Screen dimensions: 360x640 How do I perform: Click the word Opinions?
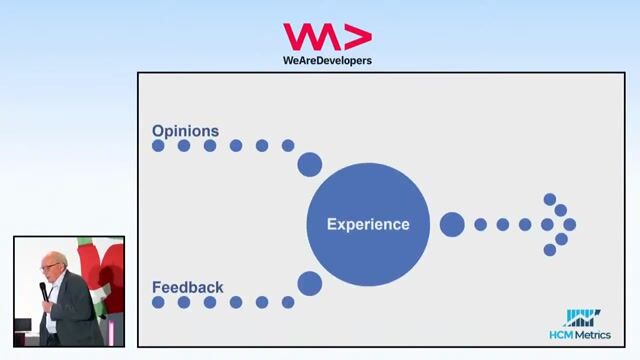pyautogui.click(x=185, y=130)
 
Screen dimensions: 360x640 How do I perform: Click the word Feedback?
pyautogui.click(x=187, y=287)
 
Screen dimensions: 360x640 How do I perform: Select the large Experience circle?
pyautogui.click(x=368, y=224)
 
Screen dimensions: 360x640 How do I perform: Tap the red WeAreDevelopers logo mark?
pyautogui.click(x=327, y=37)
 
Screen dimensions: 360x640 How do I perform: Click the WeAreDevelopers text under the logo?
pyautogui.click(x=327, y=60)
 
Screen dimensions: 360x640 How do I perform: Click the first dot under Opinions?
pyautogui.click(x=158, y=146)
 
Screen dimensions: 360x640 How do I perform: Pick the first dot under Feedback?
pyautogui.click(x=158, y=302)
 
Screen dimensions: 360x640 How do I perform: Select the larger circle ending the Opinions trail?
pyautogui.click(x=310, y=164)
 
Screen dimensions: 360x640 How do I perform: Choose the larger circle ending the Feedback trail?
pyautogui.click(x=310, y=284)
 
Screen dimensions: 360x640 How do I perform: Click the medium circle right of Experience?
pyautogui.click(x=452, y=224)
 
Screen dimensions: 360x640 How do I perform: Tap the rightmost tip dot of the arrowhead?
pyautogui.click(x=570, y=224)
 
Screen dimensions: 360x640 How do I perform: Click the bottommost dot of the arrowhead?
pyautogui.click(x=549, y=249)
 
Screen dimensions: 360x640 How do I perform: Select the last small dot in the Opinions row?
pyautogui.click(x=288, y=146)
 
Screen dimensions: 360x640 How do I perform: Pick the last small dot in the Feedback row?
pyautogui.click(x=288, y=302)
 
